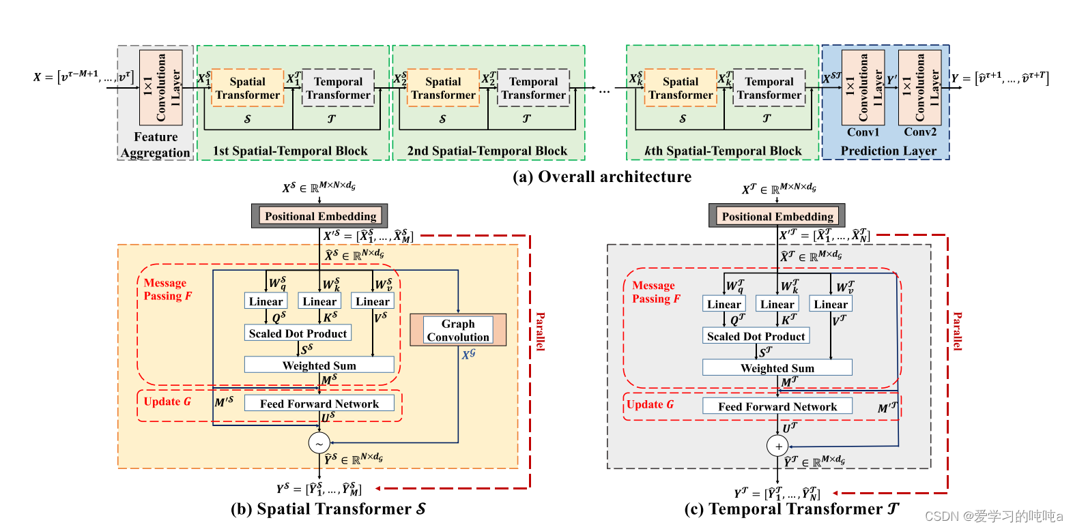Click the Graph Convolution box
point(458,330)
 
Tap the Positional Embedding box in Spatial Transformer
point(319,216)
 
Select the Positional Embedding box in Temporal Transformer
point(777,216)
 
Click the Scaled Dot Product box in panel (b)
point(298,333)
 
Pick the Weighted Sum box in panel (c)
point(777,368)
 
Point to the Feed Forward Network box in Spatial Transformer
point(319,404)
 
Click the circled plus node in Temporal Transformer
point(777,446)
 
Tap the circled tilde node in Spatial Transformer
point(319,443)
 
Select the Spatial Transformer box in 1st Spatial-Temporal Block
point(248,88)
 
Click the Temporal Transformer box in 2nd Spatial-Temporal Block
point(533,88)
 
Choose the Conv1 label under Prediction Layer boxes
point(863,132)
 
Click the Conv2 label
point(920,132)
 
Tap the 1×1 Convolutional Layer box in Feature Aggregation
point(161,87)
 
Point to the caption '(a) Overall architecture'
point(601,177)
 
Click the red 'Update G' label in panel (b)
point(167,402)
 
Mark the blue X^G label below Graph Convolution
point(468,354)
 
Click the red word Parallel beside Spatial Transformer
point(540,331)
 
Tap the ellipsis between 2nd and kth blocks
point(604,90)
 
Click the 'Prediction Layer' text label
point(888,151)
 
